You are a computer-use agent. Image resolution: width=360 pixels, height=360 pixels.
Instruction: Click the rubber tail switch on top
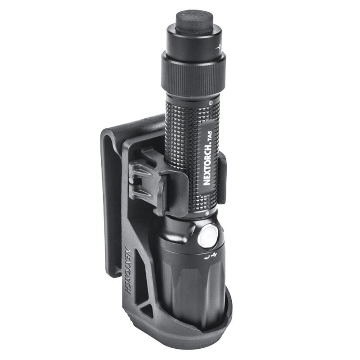[x=194, y=22]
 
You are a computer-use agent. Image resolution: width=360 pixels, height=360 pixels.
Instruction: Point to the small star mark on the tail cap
[x=219, y=48]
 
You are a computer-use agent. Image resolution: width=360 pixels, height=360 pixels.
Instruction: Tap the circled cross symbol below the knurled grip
[x=207, y=213]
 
